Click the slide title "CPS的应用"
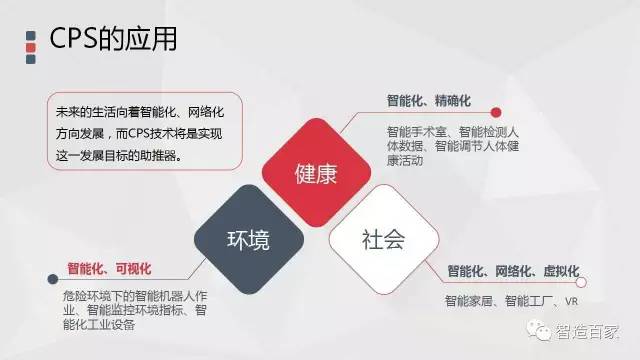click(x=113, y=39)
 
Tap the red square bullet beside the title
click(x=31, y=48)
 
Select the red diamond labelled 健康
click(x=316, y=172)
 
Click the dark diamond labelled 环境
click(x=249, y=240)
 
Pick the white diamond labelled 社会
click(x=384, y=240)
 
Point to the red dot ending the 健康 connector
click(x=496, y=112)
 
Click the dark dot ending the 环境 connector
click(x=53, y=279)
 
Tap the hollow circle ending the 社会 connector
click(x=581, y=282)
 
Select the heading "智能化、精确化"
click(x=429, y=100)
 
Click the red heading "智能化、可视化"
click(x=109, y=269)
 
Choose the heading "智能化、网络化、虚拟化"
click(x=513, y=271)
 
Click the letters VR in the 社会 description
click(x=571, y=301)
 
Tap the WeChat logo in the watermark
click(x=538, y=330)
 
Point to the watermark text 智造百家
click(x=587, y=332)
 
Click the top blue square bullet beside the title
click(x=31, y=36)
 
